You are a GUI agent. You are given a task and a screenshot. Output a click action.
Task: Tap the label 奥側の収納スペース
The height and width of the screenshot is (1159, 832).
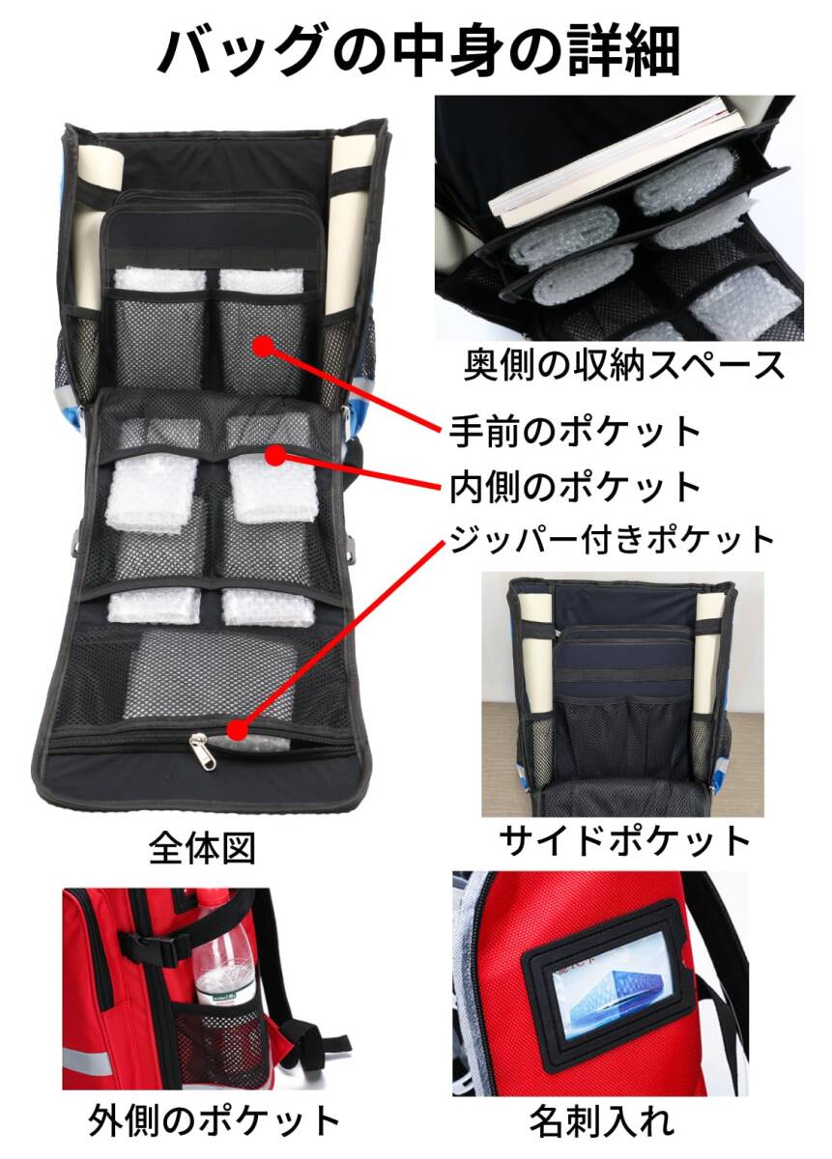pos(622,365)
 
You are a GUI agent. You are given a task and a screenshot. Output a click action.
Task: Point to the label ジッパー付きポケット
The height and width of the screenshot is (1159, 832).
pos(612,539)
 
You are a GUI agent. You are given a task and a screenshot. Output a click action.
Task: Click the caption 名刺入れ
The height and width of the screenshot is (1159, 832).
pos(601,1121)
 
